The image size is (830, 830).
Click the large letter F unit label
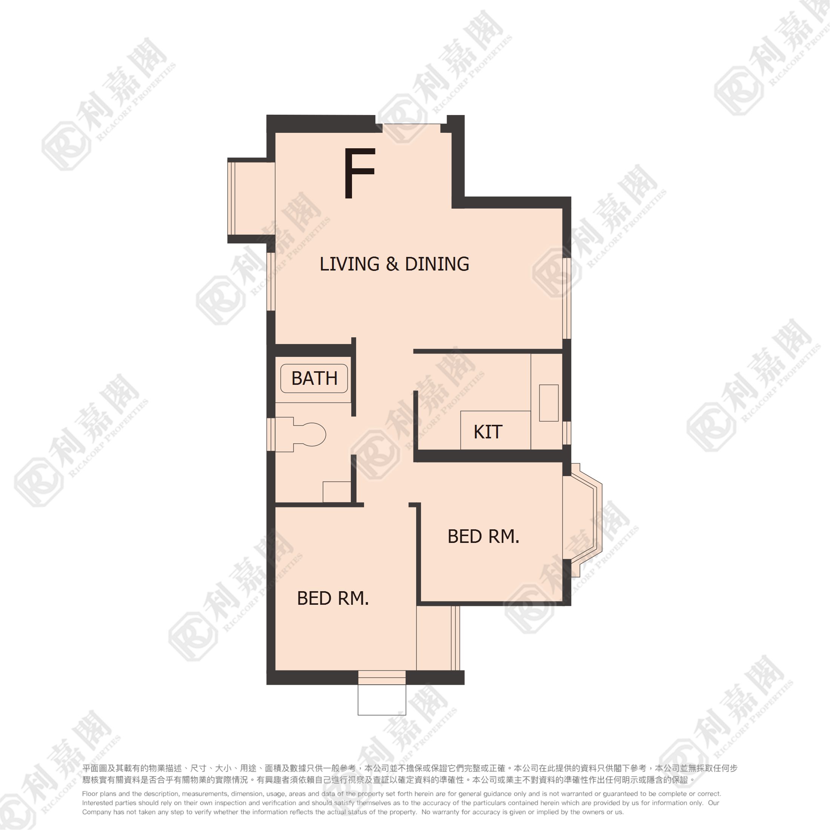(360, 173)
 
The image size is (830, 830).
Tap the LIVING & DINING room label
(394, 264)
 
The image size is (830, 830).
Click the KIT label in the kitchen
(488, 432)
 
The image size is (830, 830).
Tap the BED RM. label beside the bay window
(484, 536)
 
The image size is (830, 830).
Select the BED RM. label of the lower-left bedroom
(333, 598)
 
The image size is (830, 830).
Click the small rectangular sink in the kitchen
(549, 403)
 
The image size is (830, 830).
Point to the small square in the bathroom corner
(337, 492)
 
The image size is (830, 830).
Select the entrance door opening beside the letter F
(412, 128)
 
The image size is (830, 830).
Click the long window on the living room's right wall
(567, 298)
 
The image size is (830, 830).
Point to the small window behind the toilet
(271, 434)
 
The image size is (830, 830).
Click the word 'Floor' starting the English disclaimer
(90, 794)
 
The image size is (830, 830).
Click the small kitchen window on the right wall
(567, 433)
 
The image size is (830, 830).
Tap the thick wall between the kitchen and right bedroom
(488, 456)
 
